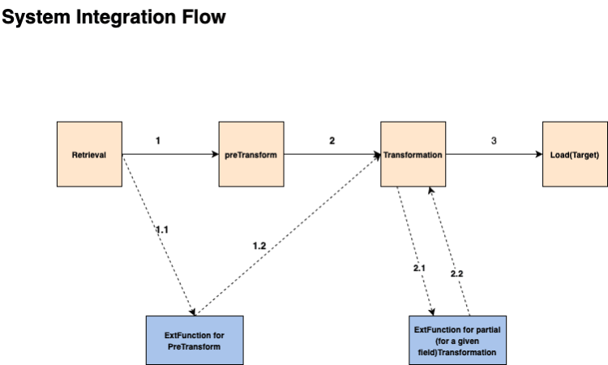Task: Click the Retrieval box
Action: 88,154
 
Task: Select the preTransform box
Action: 250,154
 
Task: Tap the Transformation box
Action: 413,154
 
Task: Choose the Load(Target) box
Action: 574,154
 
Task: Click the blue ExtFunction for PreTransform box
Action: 195,340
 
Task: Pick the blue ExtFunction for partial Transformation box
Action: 458,340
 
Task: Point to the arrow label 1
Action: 157,140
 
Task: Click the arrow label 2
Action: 332,140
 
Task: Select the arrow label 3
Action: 494,140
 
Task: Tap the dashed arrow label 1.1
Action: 162,230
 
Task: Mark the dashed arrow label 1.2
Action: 259,245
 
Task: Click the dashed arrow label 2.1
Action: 420,268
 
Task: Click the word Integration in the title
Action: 130,16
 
